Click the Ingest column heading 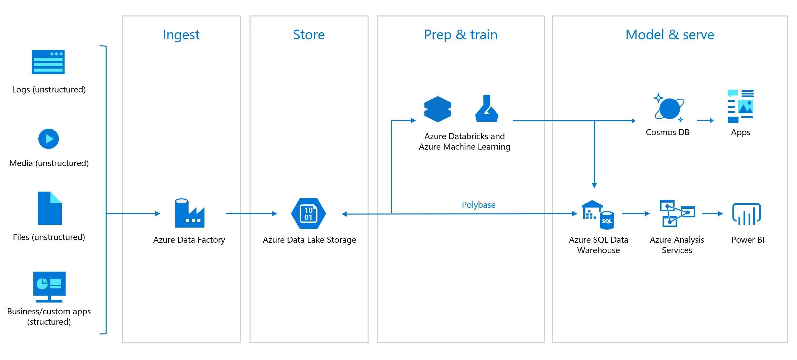coord(181,35)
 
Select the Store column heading coord(309,35)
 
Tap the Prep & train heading coord(460,35)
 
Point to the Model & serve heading coord(670,35)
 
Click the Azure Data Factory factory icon coord(189,213)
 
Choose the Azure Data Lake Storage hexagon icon coord(308,213)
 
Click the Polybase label coord(478,205)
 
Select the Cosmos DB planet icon coord(669,108)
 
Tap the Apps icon coord(740,106)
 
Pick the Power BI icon coord(747,214)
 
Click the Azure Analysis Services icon coord(677,213)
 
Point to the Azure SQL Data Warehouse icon coord(598,215)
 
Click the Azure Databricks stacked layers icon coord(438,109)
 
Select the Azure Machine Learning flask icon coord(487,109)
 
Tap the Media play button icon coord(48,139)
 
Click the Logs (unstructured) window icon coord(48,62)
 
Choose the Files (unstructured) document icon coord(49,208)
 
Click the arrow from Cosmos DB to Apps coord(705,120)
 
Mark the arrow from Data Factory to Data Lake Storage coord(251,213)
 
